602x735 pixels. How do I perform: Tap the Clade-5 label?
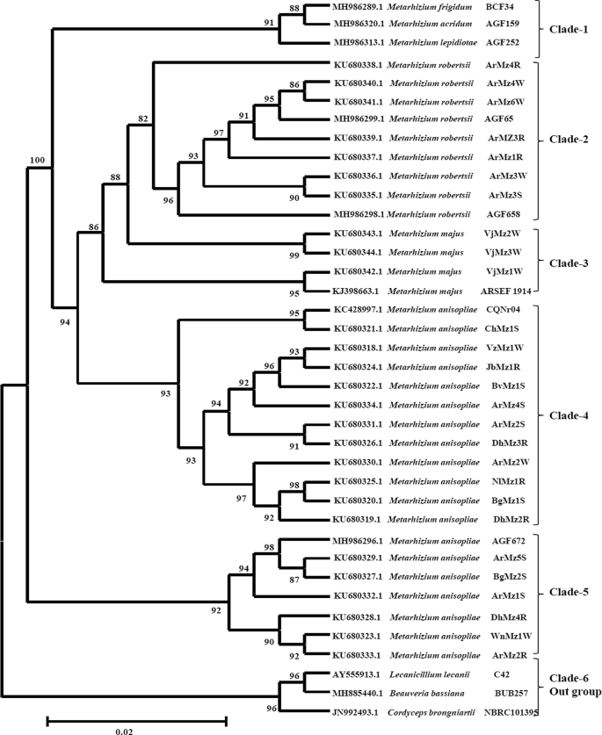571,591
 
